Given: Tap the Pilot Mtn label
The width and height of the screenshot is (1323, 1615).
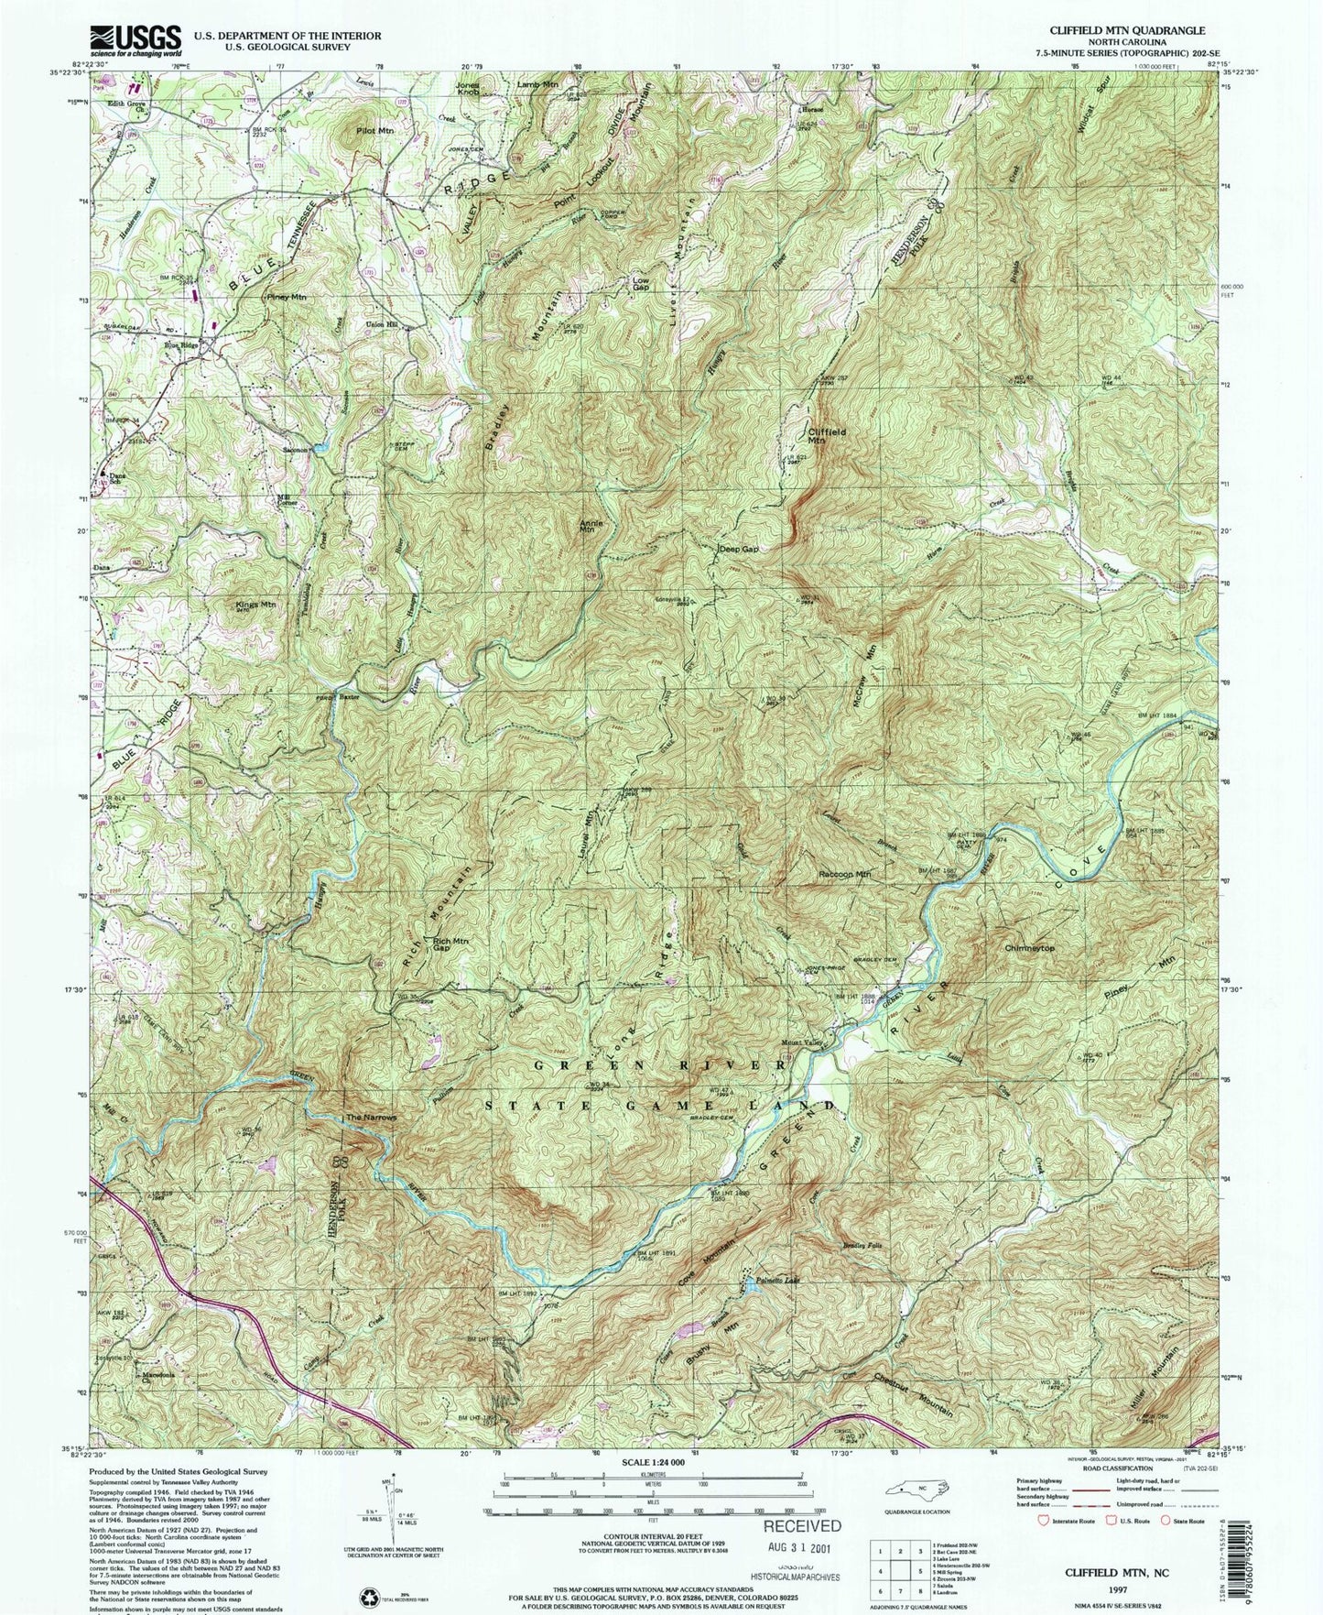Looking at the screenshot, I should point(374,131).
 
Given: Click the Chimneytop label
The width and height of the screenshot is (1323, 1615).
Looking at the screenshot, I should point(1029,948).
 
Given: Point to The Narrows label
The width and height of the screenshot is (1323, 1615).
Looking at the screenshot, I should point(371,1118).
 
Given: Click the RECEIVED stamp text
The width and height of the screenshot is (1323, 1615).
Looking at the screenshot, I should point(802,1525).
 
